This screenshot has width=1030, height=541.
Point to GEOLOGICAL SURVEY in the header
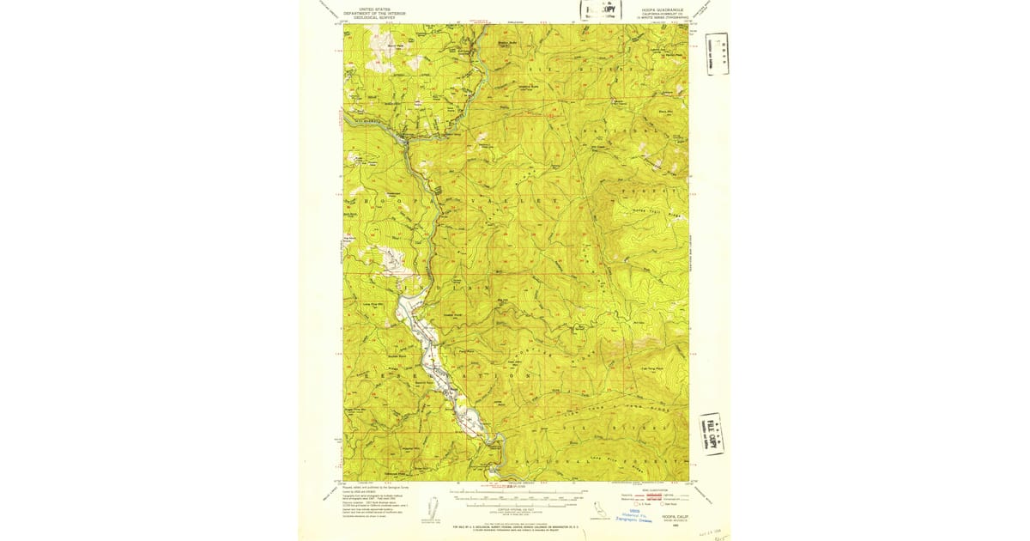(373, 18)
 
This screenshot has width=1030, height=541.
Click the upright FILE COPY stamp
(600, 10)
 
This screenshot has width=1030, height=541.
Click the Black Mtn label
(663, 112)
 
